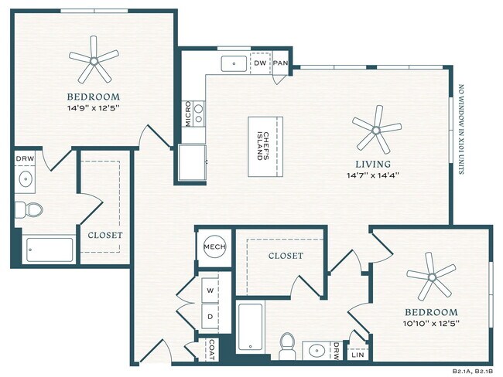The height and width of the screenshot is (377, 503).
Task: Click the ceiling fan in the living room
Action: pos(377,128)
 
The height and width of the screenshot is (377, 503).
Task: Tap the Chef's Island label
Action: pos(265,146)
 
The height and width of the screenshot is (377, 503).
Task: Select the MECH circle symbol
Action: pos(214,247)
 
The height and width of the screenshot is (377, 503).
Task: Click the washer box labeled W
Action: pos(210,290)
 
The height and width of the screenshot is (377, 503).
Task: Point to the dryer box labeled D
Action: pos(210,315)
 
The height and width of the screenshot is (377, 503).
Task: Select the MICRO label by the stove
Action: pos(188,113)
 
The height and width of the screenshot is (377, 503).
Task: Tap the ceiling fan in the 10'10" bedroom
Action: pos(430,280)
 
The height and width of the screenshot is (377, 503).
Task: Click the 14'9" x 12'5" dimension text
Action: pos(94,109)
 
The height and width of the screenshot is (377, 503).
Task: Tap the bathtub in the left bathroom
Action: pos(50,250)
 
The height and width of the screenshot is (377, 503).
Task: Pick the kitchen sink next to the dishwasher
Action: pos(233,63)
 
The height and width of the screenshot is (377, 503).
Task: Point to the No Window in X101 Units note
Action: pos(462,130)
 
